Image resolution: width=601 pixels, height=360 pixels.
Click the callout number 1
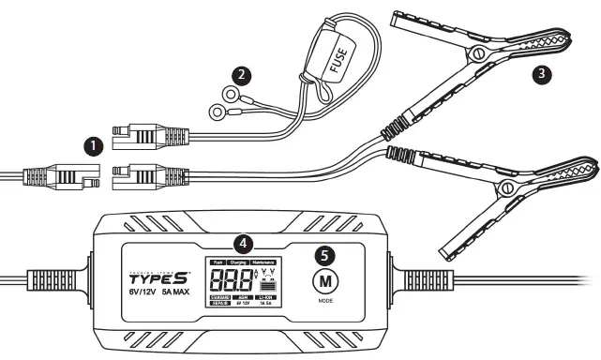click(x=92, y=146)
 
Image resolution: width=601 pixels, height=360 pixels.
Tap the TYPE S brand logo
click(x=160, y=277)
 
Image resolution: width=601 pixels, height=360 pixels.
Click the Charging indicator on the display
click(x=243, y=263)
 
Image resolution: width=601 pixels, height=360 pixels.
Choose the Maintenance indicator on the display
click(x=267, y=263)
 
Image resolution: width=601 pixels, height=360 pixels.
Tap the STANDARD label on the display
click(x=220, y=297)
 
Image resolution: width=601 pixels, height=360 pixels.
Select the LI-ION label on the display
click(x=266, y=297)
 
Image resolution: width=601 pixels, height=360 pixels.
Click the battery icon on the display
click(x=267, y=284)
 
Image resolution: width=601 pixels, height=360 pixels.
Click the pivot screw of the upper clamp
click(x=481, y=49)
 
